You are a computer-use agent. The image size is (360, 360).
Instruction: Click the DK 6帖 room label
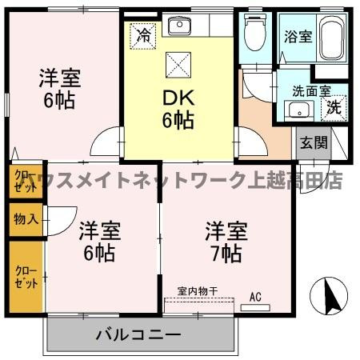pyautogui.click(x=178, y=109)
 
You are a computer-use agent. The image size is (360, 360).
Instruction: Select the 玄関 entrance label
pyautogui.click(x=313, y=143)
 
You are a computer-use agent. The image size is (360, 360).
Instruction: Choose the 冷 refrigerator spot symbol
pyautogui.click(x=143, y=36)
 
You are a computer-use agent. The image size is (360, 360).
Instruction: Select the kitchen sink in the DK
pyautogui.click(x=179, y=26)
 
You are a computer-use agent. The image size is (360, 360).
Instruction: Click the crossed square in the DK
pyautogui.click(x=177, y=66)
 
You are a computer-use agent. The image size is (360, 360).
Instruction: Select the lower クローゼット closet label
pyautogui.click(x=25, y=276)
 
